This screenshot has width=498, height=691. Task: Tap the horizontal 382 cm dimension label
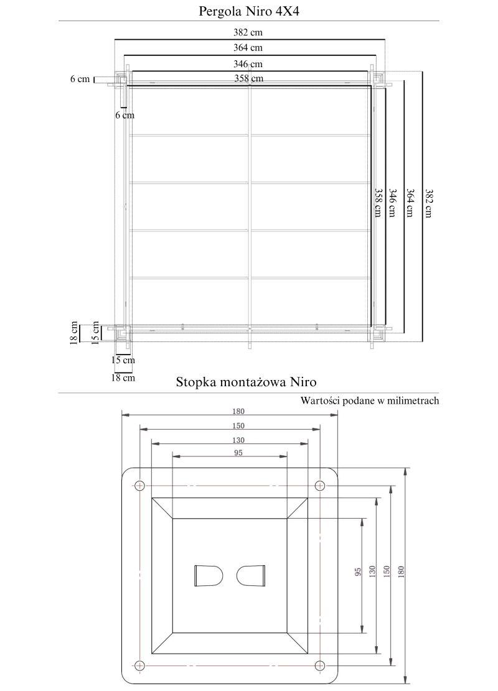[x=248, y=32]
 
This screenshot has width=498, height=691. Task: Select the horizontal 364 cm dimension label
[x=248, y=48]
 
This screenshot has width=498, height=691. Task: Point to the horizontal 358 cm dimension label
[x=248, y=78]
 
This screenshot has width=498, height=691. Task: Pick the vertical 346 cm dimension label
[x=393, y=203]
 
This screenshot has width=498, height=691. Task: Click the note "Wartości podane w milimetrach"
[x=370, y=401]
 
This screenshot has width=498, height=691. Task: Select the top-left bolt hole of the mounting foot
[x=140, y=485]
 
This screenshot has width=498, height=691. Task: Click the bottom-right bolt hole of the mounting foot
[x=320, y=665]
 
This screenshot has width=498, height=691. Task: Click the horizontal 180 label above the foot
[x=238, y=411]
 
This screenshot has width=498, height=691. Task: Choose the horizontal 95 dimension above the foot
[x=238, y=453]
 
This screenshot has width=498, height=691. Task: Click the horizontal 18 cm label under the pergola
[x=123, y=378]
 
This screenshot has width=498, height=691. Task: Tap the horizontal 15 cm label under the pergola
[x=123, y=359]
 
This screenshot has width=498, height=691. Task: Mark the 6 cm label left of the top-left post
[x=80, y=79]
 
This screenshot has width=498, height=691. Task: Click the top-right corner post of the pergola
[x=377, y=78]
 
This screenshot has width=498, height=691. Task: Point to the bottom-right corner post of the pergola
[x=377, y=333]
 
